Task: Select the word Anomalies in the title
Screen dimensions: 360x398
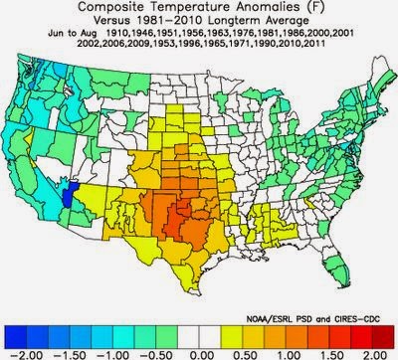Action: pyautogui.click(x=246, y=8)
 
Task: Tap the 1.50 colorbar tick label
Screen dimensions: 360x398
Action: pyautogui.click(x=336, y=352)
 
